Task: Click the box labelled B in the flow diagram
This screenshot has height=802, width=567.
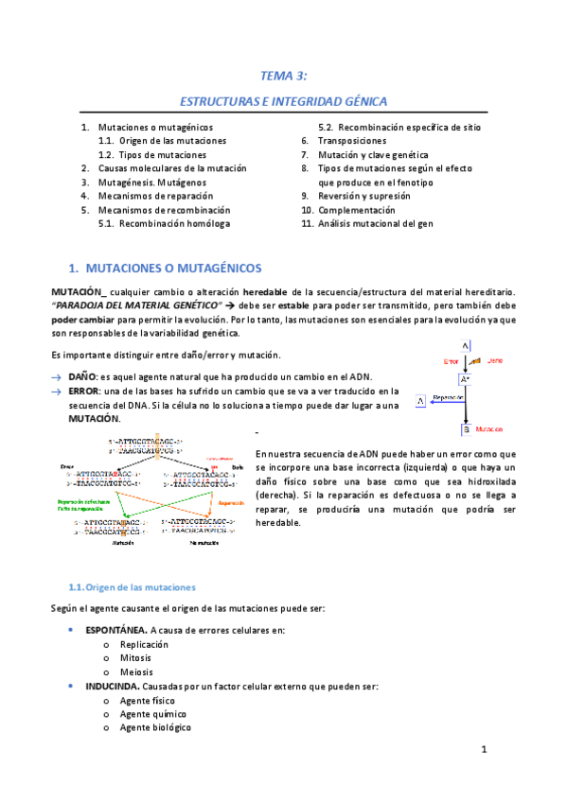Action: (x=465, y=429)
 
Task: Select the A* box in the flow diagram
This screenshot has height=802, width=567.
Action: (x=464, y=379)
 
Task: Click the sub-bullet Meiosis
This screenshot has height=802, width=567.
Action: (x=137, y=671)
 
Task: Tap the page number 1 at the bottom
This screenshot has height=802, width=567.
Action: (x=483, y=751)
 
